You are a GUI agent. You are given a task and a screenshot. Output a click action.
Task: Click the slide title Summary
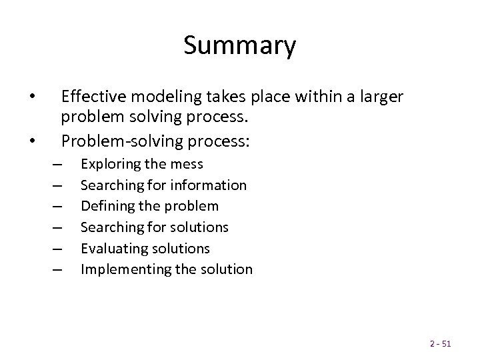point(239,46)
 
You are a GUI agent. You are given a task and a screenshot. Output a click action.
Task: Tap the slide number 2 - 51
point(441,343)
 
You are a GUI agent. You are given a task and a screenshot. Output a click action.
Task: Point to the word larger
point(379,97)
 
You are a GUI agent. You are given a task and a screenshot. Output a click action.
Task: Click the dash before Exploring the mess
point(55,164)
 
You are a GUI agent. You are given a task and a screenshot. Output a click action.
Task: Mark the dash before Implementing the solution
point(55,269)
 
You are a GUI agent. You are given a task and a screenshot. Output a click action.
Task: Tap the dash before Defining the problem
point(55,206)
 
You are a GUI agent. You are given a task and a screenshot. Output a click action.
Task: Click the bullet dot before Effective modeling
point(31,97)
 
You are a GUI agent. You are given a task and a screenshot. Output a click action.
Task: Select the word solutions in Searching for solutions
point(199,227)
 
